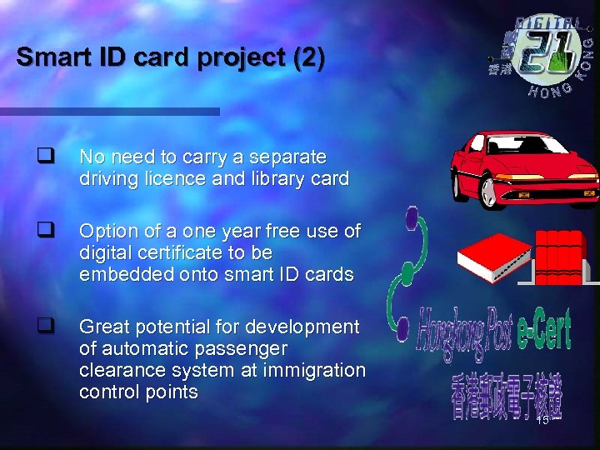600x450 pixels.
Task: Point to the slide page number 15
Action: point(542,420)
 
